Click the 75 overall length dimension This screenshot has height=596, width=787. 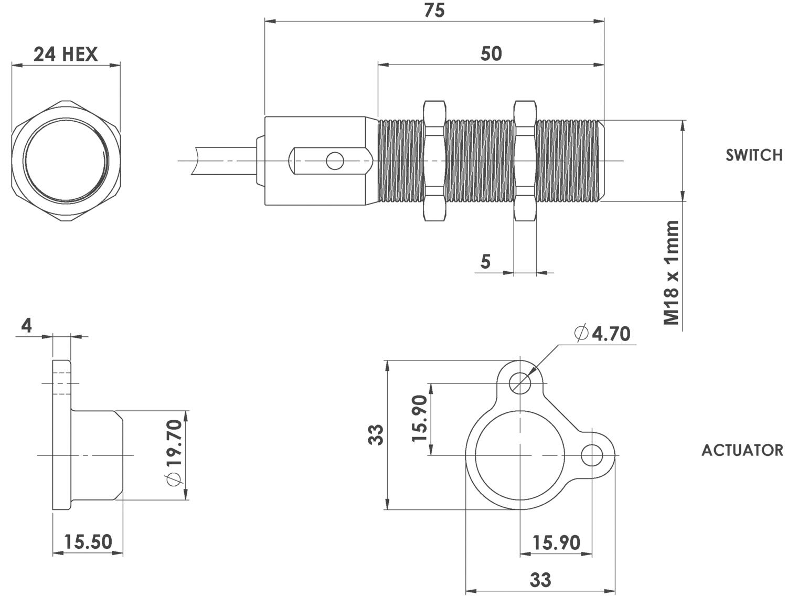tap(434, 10)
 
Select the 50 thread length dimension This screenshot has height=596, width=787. tap(491, 54)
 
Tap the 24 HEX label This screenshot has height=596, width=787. tap(66, 55)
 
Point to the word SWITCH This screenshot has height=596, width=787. tap(754, 155)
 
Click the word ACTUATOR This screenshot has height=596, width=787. tap(742, 451)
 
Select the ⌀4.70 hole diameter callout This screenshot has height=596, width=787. tap(602, 334)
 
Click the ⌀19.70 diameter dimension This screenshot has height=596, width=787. tap(175, 453)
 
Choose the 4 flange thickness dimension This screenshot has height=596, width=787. tap(27, 326)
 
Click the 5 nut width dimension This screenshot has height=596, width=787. tap(485, 262)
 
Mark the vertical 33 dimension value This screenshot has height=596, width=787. tap(376, 435)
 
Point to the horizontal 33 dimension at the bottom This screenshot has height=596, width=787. tap(540, 580)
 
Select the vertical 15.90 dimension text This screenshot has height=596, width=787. tap(420, 418)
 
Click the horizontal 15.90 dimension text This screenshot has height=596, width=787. tap(557, 542)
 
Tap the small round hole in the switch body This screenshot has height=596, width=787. tap(335, 161)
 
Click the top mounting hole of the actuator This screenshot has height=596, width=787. tap(520, 383)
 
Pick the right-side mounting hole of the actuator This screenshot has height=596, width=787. tap(592, 455)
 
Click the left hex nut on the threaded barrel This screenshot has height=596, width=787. tap(434, 161)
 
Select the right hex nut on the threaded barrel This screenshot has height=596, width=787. tap(525, 161)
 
